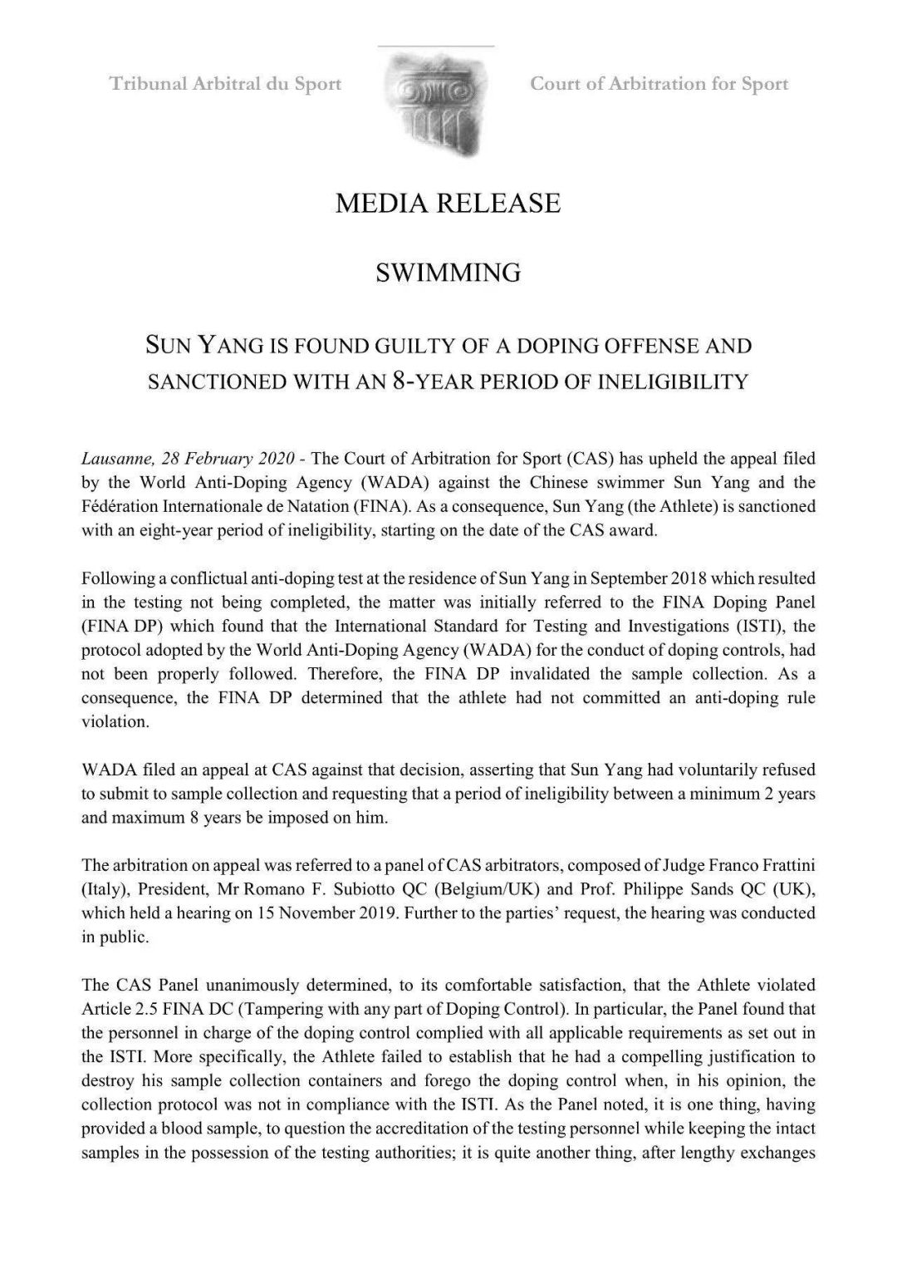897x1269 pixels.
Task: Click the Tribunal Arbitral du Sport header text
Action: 225,84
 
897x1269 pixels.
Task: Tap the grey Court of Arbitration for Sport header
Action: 659,84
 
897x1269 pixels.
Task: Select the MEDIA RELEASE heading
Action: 448,204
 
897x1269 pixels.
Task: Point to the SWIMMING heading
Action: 448,273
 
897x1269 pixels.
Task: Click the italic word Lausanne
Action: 115,459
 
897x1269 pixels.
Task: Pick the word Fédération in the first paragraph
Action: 119,506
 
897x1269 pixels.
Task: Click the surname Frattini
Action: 786,864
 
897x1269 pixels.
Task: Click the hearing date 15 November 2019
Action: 331,912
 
